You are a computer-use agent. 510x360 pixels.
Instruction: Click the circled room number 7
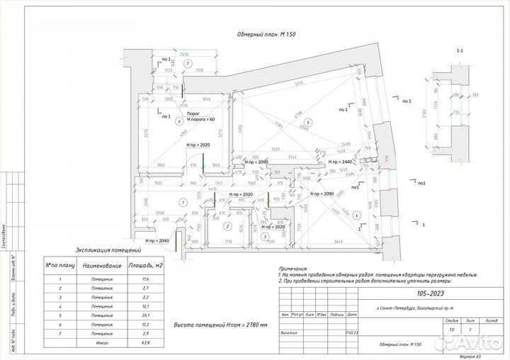pos(187,64)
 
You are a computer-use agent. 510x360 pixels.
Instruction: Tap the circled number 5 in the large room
pos(307,123)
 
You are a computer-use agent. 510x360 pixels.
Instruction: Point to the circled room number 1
pos(183,203)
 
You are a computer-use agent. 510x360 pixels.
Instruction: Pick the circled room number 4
pos(356,215)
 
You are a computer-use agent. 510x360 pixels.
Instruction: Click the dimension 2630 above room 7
pos(185,54)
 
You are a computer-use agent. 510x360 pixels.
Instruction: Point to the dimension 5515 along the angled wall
pos(300,84)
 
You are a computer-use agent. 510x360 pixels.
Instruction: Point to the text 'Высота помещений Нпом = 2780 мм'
pos(220,325)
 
